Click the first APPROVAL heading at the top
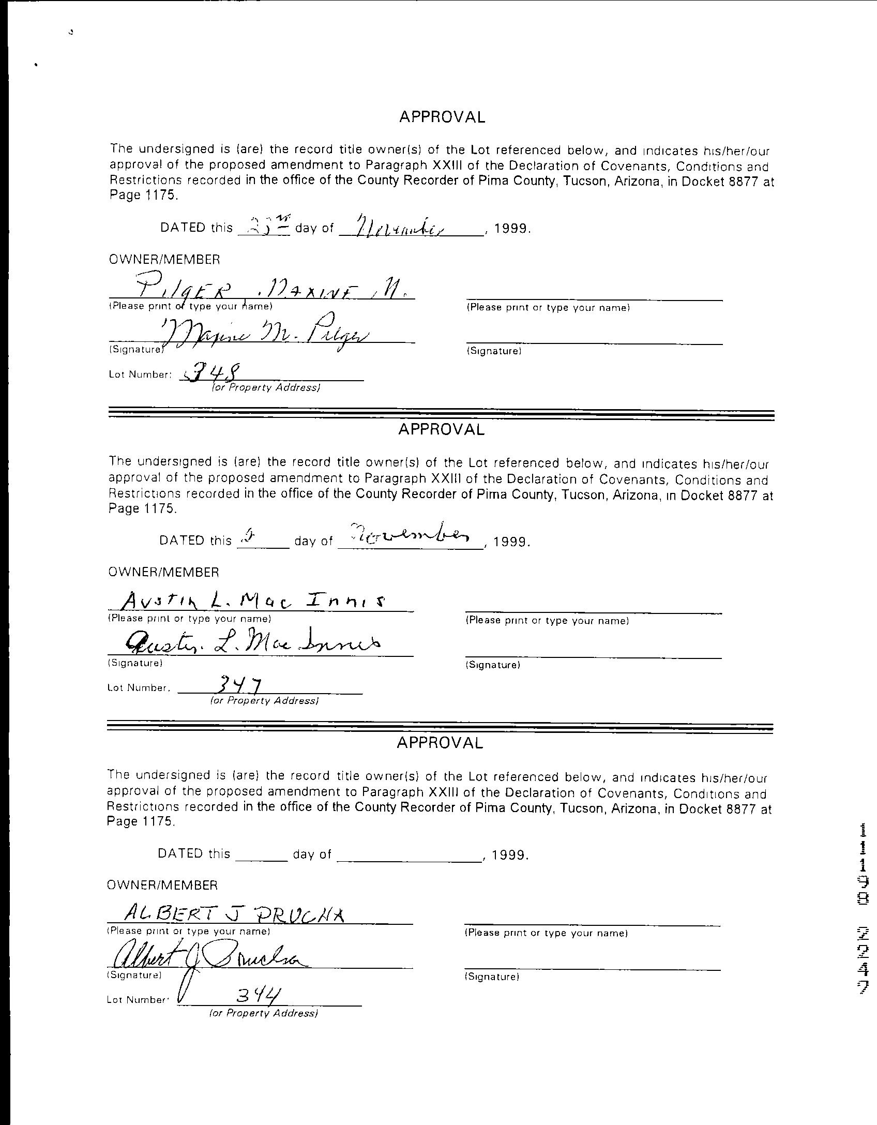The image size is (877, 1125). pyautogui.click(x=442, y=117)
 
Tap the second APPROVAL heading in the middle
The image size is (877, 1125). pyautogui.click(x=441, y=429)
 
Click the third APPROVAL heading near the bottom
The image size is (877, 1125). pyautogui.click(x=440, y=743)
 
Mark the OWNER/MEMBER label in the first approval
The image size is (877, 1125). pyautogui.click(x=164, y=260)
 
